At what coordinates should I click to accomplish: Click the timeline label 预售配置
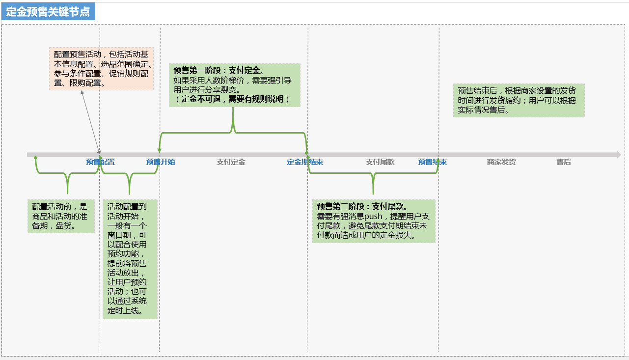(x=100, y=162)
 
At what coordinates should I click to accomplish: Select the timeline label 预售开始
(x=161, y=162)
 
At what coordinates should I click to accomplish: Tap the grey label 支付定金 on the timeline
(x=231, y=162)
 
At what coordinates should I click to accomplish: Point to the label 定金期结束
(x=305, y=162)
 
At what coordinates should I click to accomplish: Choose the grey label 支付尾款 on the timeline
(x=380, y=162)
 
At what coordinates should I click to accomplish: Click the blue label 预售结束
(x=433, y=162)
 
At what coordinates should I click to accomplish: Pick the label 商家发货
(x=501, y=162)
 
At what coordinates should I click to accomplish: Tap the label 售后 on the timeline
(x=564, y=162)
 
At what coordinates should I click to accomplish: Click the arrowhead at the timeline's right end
(x=618, y=155)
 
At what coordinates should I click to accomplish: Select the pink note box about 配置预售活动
(x=102, y=68)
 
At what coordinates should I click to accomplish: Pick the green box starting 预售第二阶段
(x=374, y=221)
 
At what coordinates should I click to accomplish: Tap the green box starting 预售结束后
(x=519, y=100)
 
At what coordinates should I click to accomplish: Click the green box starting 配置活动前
(x=61, y=216)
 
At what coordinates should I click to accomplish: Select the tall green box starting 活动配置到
(x=130, y=259)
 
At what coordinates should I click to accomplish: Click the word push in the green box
(x=373, y=217)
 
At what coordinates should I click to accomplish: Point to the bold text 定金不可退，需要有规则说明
(x=232, y=99)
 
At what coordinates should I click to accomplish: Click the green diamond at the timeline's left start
(x=35, y=158)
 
